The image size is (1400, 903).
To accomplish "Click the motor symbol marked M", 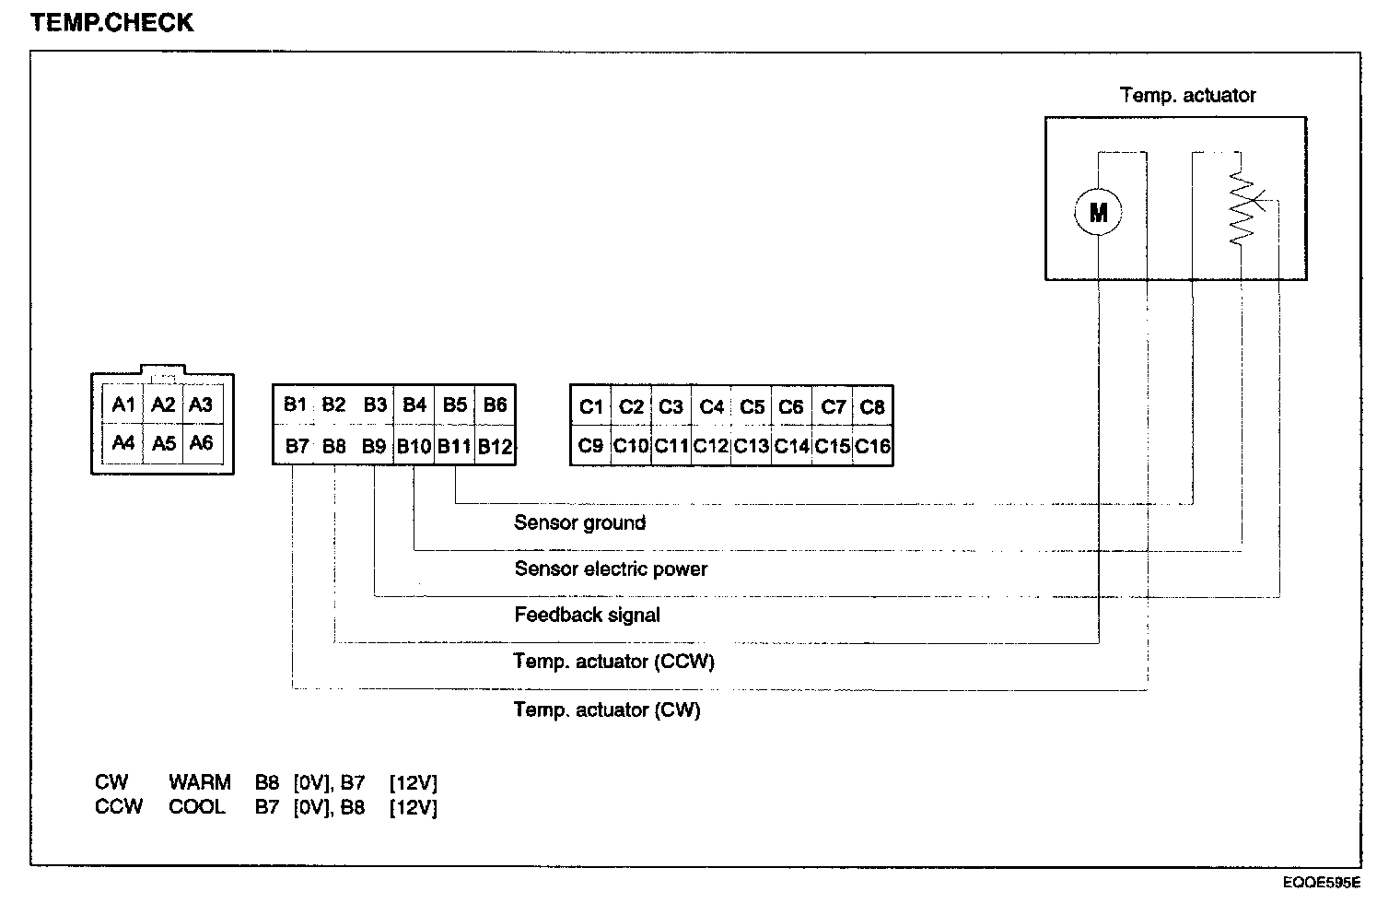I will tap(1098, 212).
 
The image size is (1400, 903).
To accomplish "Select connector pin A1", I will tap(123, 405).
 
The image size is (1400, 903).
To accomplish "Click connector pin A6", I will tap(201, 443).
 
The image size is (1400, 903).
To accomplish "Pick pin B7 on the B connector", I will tap(296, 446).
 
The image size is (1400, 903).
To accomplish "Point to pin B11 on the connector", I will tap(454, 446).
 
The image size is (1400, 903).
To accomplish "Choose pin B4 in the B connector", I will tap(414, 405).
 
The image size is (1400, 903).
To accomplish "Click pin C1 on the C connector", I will tap(590, 406).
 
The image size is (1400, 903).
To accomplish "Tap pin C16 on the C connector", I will tap(872, 446).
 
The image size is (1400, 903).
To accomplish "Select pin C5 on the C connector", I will tap(752, 406).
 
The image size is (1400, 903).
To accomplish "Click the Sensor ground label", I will tap(579, 522).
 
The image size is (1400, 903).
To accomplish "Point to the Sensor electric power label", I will tap(611, 569).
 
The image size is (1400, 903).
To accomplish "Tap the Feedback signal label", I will tap(587, 615).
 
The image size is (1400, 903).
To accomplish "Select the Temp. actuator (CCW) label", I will tap(613, 662).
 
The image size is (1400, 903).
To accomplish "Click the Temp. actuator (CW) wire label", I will tap(606, 709).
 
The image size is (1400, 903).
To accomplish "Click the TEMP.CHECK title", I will tap(112, 23).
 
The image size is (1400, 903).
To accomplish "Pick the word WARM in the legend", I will tap(200, 783).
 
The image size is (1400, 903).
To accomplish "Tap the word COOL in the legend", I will tap(196, 807).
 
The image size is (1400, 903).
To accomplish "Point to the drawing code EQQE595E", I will tap(1322, 882).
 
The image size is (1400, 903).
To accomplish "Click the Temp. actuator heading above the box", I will tap(1187, 95).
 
